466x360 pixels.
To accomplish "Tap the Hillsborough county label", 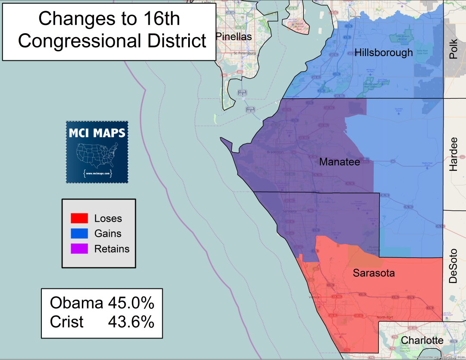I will click(384, 53).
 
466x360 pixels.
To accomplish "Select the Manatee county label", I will click(339, 162).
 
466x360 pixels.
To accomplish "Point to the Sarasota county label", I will click(374, 273).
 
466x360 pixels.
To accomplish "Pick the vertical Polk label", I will click(453, 50).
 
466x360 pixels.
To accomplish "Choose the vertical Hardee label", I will click(453, 154).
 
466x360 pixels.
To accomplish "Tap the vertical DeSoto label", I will click(453, 266).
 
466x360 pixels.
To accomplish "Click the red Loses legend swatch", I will click(79, 219).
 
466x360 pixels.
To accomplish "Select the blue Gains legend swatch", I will click(79, 234).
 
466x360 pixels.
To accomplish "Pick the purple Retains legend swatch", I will click(79, 249).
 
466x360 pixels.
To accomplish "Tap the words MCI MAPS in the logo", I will click(97, 133).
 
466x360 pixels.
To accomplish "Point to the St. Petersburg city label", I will click(245, 53).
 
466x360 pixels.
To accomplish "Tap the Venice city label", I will click(314, 297).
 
